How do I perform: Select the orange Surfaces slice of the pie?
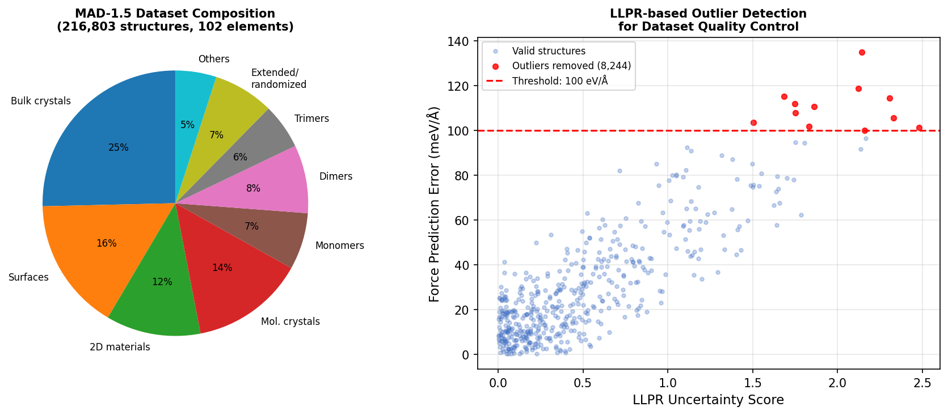pos(96,249)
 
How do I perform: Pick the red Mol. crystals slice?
pos(227,278)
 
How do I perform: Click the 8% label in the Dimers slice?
pos(253,188)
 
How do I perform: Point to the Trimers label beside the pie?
pos(311,118)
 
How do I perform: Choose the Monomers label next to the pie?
pos(339,245)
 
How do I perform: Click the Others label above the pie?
pos(214,59)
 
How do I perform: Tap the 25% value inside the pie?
pos(119,147)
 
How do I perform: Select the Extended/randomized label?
pos(279,78)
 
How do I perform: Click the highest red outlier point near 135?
pos(862,52)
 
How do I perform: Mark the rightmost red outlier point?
pos(919,128)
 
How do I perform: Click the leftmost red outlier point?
pos(753,122)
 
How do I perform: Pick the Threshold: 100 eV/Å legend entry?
pos(559,81)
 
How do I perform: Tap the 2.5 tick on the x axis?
pos(922,383)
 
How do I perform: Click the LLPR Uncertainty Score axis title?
pos(708,400)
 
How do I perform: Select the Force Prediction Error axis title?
pos(435,204)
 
